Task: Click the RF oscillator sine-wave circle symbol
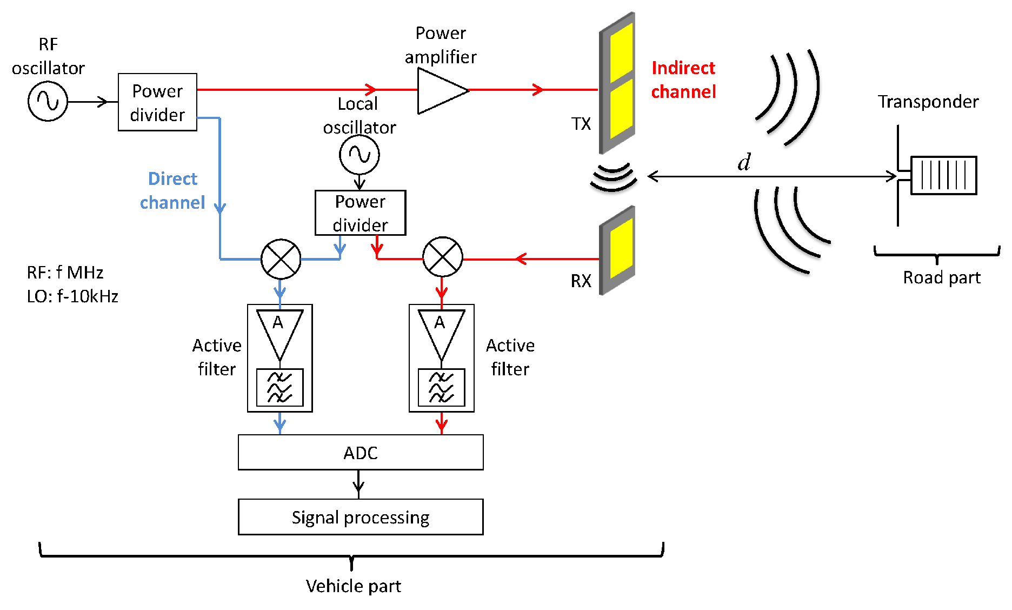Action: pos(48,101)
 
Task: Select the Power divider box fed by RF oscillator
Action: pos(157,102)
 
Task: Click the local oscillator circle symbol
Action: pos(359,155)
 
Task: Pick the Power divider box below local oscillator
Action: pos(360,213)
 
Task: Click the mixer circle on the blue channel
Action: pos(281,259)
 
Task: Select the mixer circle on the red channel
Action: pos(442,257)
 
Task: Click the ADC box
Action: pos(361,453)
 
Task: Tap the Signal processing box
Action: pos(361,517)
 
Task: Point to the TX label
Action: pos(581,124)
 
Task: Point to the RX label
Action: pos(581,281)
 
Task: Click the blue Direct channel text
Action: pos(172,190)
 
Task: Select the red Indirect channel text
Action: pos(683,79)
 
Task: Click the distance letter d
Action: pos(744,162)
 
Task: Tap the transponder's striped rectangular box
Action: pos(943,175)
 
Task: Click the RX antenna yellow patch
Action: pos(621,249)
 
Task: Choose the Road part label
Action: pos(941,277)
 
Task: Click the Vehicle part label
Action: pos(353,586)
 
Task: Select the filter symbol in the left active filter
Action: pos(279,387)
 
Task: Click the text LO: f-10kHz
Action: pos(72,296)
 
